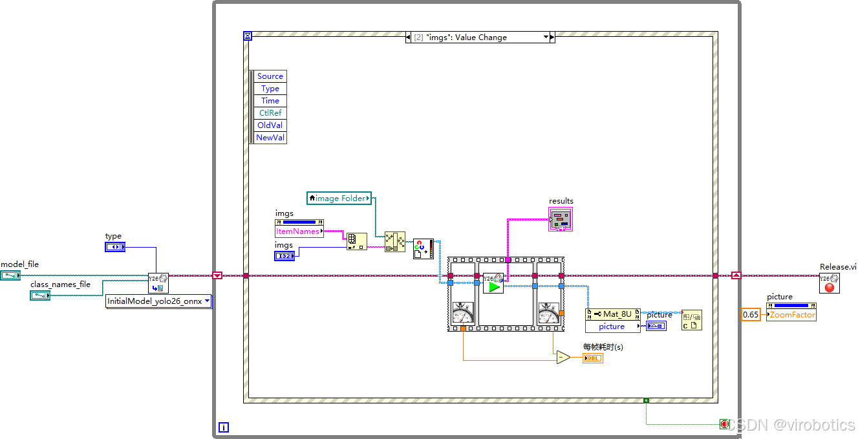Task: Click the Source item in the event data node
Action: [270, 76]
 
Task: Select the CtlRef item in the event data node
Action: [270, 113]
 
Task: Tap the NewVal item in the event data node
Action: [270, 138]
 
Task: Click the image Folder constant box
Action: [339, 198]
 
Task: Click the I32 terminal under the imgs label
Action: [284, 256]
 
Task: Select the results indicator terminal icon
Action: [561, 220]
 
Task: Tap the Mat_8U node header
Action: [613, 314]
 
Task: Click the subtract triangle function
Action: [563, 358]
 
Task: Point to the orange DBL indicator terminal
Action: [592, 358]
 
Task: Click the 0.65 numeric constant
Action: [751, 314]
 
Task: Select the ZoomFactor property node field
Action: [791, 315]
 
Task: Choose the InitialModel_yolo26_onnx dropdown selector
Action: [158, 301]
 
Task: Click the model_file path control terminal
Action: [10, 275]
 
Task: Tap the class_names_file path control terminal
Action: [40, 295]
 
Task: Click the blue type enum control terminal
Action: [115, 247]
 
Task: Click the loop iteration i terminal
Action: [224, 427]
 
